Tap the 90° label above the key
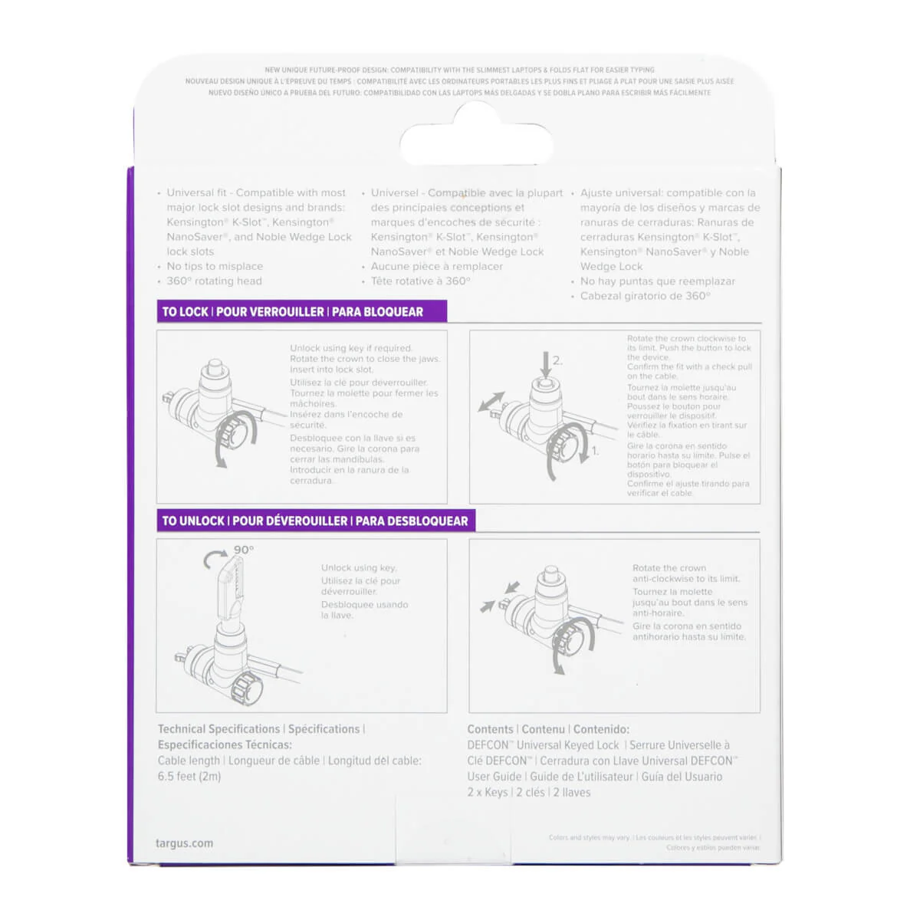point(244,550)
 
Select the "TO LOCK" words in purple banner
point(185,312)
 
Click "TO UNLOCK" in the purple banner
point(193,521)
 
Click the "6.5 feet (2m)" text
point(189,776)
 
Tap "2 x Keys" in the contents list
point(488,792)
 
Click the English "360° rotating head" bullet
point(214,281)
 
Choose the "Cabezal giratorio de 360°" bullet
point(645,295)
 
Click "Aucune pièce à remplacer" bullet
point(437,266)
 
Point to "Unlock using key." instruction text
point(359,567)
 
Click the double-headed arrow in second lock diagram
point(491,402)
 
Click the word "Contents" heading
point(490,729)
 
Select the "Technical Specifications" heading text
point(219,729)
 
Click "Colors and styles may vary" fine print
point(589,838)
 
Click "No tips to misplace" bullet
point(215,266)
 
